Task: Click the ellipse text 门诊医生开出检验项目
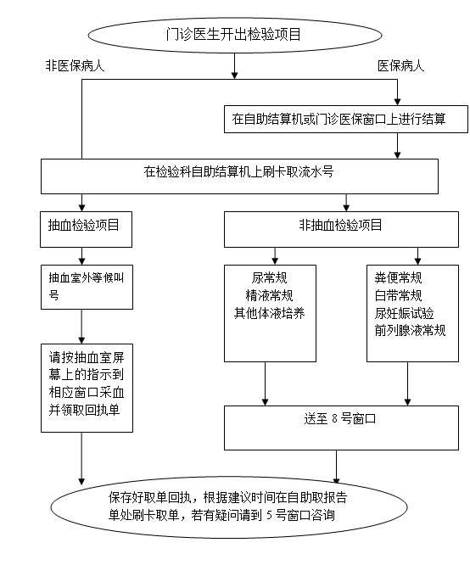click(x=233, y=35)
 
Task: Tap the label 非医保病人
click(x=75, y=65)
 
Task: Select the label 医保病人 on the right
click(x=400, y=65)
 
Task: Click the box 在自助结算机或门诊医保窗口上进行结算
click(x=346, y=120)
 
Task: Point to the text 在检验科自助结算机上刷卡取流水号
click(x=238, y=171)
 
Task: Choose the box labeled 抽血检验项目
click(x=87, y=229)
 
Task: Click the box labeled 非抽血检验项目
click(x=341, y=229)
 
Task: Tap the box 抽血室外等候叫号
click(x=87, y=288)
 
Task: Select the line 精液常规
click(x=269, y=295)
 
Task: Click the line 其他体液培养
click(x=269, y=313)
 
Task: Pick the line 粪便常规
click(x=398, y=277)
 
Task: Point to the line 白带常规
click(x=398, y=295)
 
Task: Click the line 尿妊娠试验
click(x=404, y=313)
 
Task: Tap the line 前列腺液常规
click(x=410, y=330)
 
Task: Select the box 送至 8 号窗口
click(x=341, y=428)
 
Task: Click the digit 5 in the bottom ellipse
click(x=270, y=515)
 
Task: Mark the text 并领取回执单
click(x=84, y=410)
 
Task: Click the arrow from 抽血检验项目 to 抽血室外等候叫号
click(x=81, y=256)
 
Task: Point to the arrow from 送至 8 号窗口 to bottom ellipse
click(x=336, y=467)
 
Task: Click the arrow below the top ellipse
click(x=234, y=66)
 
